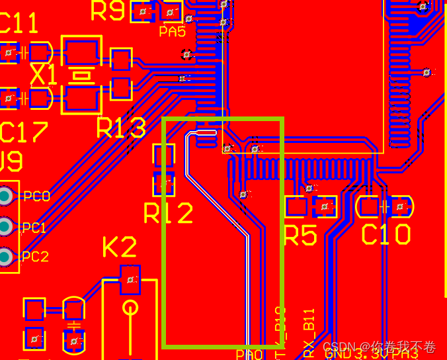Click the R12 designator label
(x=169, y=213)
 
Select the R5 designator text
(x=300, y=235)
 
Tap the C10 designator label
(x=386, y=235)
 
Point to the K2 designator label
(x=119, y=247)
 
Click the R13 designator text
(x=120, y=128)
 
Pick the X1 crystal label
(x=44, y=75)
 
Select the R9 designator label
(x=107, y=11)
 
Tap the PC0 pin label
(x=36, y=197)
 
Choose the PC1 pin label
(x=34, y=228)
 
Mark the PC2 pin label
(x=35, y=257)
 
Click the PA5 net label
(x=172, y=32)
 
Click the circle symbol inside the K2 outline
(x=130, y=308)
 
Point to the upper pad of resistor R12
(x=164, y=156)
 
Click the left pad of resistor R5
(x=295, y=207)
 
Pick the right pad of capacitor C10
(x=400, y=207)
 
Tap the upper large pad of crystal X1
(x=81, y=50)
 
